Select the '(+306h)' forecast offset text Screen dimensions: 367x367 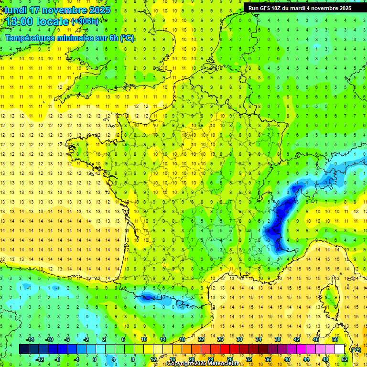(85, 22)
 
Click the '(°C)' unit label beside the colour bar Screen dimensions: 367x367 (356, 350)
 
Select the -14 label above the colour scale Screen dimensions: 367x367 (31, 339)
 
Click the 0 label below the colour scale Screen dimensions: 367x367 (95, 359)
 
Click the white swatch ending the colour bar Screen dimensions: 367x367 (340, 349)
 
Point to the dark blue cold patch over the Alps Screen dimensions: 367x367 (277, 222)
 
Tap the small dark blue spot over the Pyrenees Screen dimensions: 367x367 (149, 298)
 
